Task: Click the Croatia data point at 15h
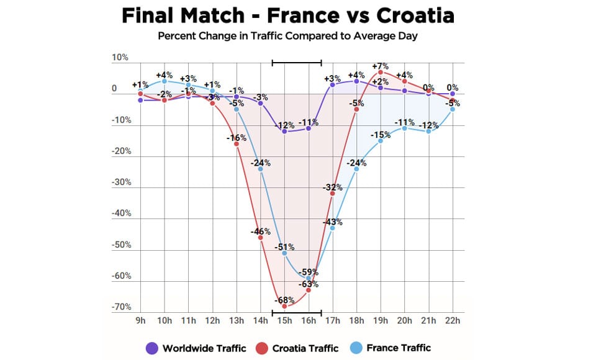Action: tap(284, 307)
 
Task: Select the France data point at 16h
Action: tap(309, 278)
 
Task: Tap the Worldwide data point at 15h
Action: tap(284, 131)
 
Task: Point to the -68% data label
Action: tap(284, 298)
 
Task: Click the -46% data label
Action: tap(260, 232)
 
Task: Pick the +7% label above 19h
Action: tap(380, 66)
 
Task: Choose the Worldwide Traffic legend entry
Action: tap(197, 348)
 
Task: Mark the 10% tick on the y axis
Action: tap(120, 58)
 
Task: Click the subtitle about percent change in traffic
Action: tap(287, 35)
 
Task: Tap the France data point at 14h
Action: tap(260, 169)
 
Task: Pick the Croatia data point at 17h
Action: tap(333, 194)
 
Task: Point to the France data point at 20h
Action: tap(405, 128)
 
